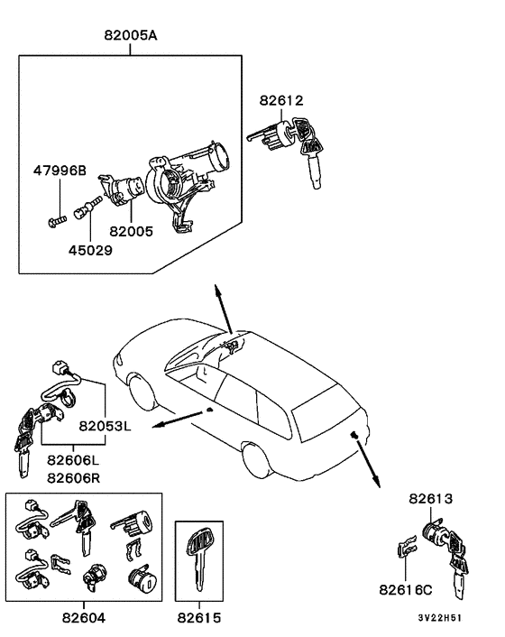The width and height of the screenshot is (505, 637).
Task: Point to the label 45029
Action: pos(89,250)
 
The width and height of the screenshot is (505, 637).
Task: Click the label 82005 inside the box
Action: pos(131,231)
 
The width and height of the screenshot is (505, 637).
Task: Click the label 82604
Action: pos(86,619)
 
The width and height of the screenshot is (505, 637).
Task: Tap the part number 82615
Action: pos(197,619)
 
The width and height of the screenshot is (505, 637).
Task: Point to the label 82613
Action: pos(430,498)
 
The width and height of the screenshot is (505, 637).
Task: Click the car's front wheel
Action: pos(142,393)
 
